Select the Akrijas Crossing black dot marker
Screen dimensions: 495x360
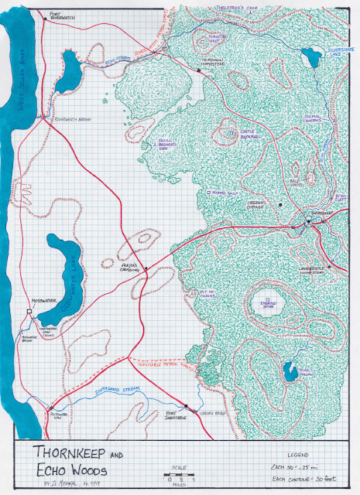(x=146, y=270)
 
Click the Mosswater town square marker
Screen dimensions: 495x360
(x=29, y=312)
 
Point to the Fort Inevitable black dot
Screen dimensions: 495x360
(x=187, y=406)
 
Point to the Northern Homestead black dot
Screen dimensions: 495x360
(x=199, y=70)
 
